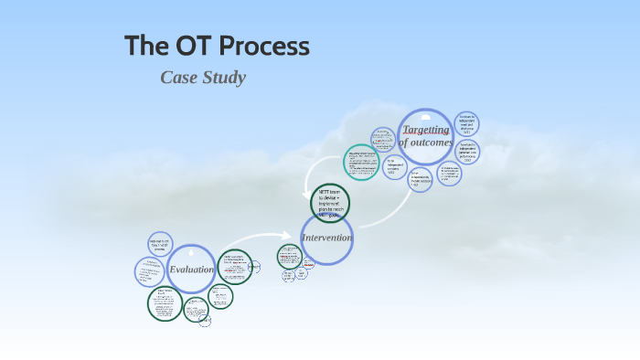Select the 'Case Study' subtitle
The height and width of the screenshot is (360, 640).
[203, 78]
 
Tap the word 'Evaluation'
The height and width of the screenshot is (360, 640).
[191, 269]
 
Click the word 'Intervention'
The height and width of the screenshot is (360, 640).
[326, 238]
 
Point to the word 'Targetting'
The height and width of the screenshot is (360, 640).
[426, 130]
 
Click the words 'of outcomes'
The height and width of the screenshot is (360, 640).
[426, 143]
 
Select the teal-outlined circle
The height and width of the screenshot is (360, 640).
[361, 162]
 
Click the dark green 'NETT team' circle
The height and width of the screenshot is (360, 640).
[330, 202]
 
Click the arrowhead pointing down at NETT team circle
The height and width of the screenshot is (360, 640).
[310, 190]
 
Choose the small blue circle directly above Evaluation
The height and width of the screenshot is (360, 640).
[160, 243]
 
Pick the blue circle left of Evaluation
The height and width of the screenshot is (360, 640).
[149, 271]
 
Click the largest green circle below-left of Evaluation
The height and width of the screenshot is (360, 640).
[165, 303]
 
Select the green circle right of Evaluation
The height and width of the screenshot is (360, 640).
[235, 267]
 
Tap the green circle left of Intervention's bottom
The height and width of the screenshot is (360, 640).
[291, 257]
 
